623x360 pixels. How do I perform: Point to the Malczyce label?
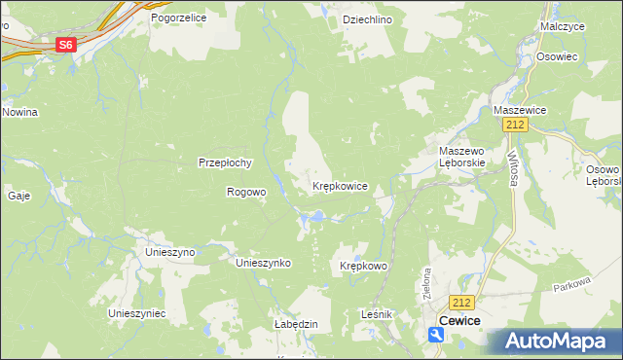562,26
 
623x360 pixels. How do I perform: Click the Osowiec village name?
557,56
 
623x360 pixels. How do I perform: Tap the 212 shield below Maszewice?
515,126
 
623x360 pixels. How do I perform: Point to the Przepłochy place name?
226,162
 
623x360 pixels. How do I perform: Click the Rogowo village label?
246,192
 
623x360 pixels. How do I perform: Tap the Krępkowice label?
340,185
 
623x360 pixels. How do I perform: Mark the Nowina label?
19,112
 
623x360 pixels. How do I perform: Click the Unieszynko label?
265,263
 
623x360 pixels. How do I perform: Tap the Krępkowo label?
364,266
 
